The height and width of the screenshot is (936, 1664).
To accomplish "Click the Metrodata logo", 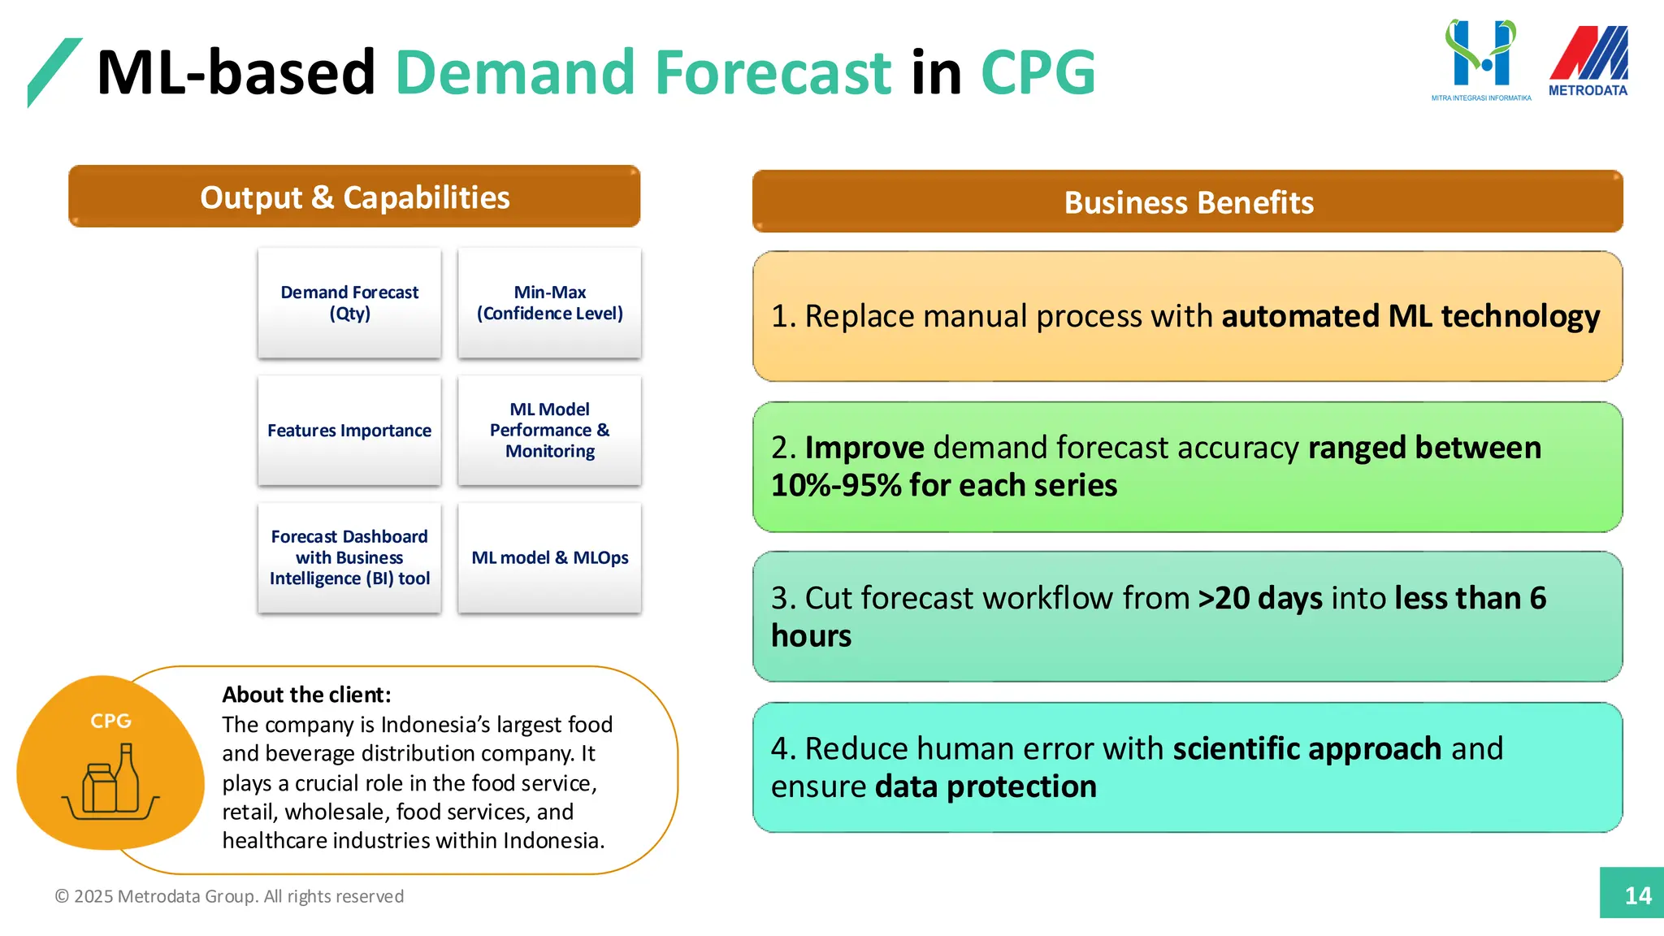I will (1588, 61).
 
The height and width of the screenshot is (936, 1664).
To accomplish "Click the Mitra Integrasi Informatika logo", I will (1480, 59).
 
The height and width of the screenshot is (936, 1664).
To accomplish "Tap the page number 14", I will (1637, 895).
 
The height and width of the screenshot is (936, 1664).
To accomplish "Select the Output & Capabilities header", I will (354, 197).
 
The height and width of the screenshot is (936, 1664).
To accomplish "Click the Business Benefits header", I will (1187, 201).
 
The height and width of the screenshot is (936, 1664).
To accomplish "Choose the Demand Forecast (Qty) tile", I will (349, 302).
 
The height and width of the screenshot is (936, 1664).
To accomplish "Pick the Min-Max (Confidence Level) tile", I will (549, 302).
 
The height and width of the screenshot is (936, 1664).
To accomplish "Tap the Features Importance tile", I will (349, 430).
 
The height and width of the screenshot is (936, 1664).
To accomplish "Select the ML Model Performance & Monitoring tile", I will (549, 430).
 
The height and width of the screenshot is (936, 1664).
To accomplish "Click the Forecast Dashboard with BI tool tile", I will (349, 557).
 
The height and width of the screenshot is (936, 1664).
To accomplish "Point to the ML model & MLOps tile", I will (549, 557).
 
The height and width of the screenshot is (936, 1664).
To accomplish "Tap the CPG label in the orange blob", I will (110, 721).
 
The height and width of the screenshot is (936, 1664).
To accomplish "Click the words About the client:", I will (306, 695).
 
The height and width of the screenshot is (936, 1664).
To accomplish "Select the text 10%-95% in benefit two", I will (836, 486).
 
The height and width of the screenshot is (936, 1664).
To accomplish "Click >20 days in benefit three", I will (1260, 598).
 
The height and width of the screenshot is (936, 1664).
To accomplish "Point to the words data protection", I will (986, 786).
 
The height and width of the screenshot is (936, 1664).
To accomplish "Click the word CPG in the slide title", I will (1038, 72).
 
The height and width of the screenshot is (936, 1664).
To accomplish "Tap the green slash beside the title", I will (54, 71).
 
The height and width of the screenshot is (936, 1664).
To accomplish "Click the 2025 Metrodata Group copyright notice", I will (229, 896).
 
